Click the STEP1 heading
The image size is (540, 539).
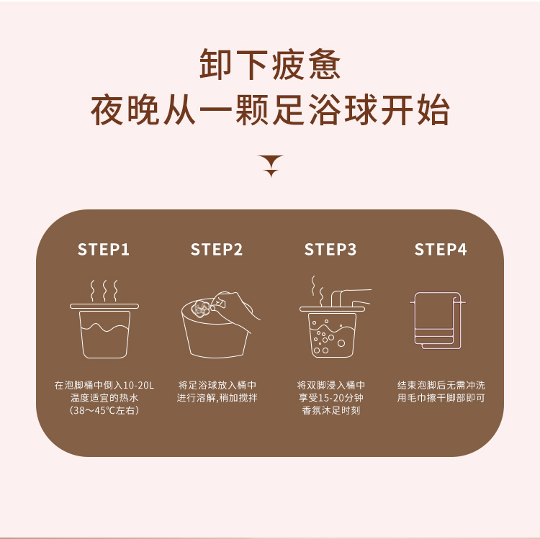tap(103, 249)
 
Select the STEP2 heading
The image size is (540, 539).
tap(217, 249)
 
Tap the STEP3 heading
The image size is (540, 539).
tap(330, 249)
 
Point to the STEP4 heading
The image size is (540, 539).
tap(441, 249)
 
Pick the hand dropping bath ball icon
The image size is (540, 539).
tap(220, 325)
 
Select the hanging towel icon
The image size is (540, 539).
tap(437, 320)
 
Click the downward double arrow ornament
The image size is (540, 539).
tap(271, 166)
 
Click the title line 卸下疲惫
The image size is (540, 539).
tap(270, 64)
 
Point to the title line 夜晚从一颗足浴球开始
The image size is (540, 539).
tap(270, 110)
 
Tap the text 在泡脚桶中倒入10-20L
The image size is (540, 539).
tap(104, 385)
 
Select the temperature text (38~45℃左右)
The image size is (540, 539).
tap(104, 410)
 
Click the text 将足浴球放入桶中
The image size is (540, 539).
tap(217, 385)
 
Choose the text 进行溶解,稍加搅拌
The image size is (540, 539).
tap(217, 398)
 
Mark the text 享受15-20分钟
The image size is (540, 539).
tap(330, 398)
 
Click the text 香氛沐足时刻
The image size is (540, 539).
tap(330, 410)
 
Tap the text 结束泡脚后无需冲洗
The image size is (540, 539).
tap(441, 385)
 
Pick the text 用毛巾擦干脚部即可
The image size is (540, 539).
tap(441, 398)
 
